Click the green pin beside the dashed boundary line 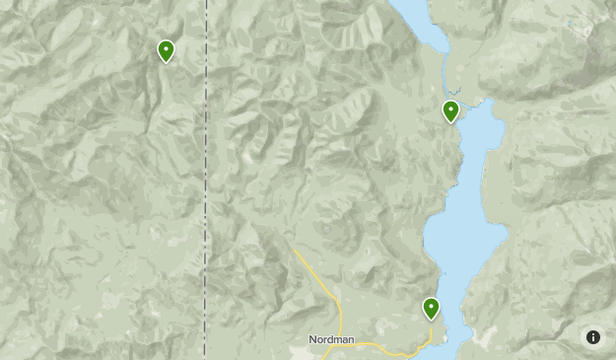166,50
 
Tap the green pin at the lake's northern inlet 450,110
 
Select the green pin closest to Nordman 431,309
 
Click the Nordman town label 331,340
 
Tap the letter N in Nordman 312,340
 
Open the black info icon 593,337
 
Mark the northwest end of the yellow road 295,251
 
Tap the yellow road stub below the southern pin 431,333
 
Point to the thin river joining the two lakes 445,74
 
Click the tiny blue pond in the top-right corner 588,30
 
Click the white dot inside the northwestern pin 166,47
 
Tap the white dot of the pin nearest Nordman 431,306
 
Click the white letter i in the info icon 593,337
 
